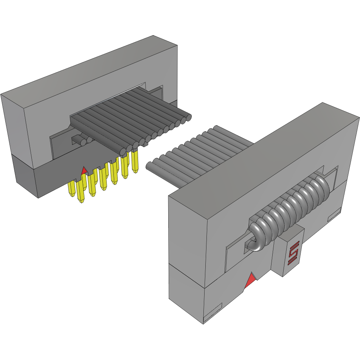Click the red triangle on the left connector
pyautogui.click(x=84, y=171)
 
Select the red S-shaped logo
pyautogui.click(x=293, y=253)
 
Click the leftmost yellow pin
pyautogui.click(x=71, y=189)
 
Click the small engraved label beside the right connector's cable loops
pyautogui.click(x=335, y=215)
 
